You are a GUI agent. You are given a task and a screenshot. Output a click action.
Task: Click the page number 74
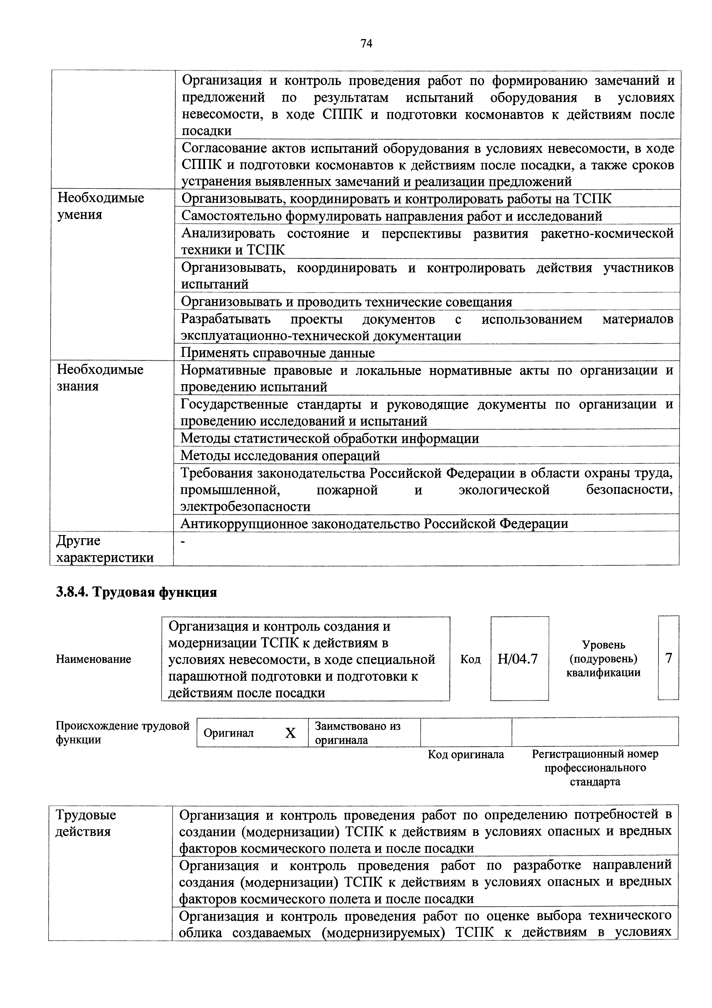366,43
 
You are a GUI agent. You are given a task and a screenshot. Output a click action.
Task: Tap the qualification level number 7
668,658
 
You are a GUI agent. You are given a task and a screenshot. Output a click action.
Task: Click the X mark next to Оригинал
291,733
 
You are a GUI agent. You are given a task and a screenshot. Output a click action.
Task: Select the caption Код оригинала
466,754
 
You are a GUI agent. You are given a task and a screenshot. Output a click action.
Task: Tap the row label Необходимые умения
101,206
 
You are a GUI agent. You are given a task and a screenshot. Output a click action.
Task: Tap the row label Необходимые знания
100,378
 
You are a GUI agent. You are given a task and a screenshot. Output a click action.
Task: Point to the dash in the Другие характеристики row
184,543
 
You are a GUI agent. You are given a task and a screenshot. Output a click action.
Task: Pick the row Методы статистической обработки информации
330,438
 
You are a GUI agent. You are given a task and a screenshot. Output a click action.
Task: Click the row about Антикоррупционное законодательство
374,523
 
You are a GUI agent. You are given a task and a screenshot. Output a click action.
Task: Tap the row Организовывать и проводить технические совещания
347,302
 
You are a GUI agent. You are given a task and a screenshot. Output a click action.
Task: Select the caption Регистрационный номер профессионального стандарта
595,767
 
